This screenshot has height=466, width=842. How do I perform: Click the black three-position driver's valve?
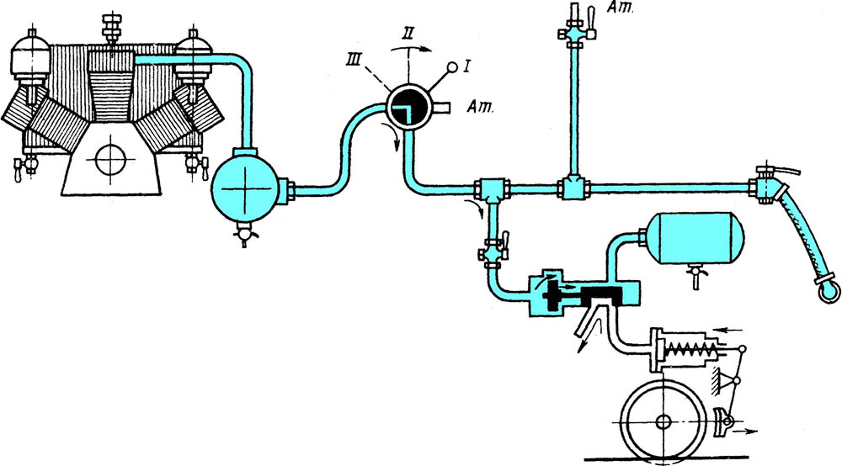(x=409, y=109)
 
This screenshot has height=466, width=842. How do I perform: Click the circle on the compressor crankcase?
(x=109, y=157)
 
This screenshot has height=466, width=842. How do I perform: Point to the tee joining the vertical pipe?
(x=573, y=187)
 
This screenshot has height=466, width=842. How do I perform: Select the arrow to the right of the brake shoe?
(x=747, y=431)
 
